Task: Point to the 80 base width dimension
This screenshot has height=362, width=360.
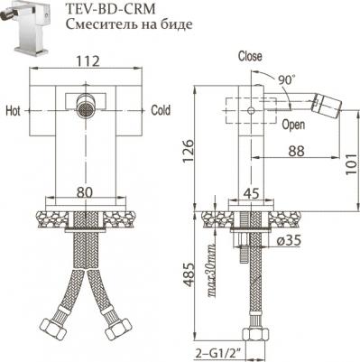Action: tap(83, 191)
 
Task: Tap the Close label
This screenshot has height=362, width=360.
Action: tap(250, 56)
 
